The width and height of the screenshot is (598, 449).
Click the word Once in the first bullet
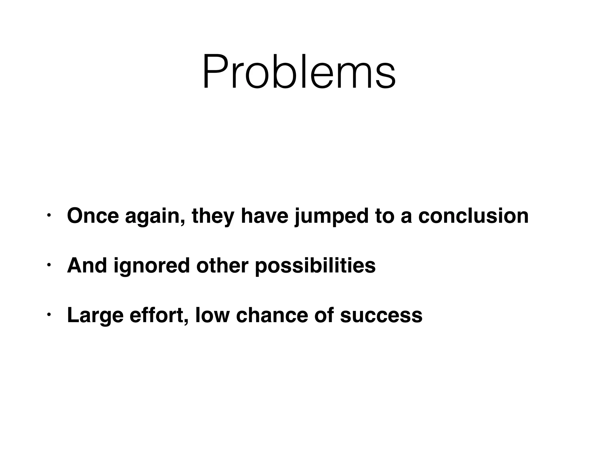click(x=93, y=216)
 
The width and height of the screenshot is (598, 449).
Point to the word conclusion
click(x=473, y=216)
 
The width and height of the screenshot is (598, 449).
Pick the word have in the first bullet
click(x=265, y=216)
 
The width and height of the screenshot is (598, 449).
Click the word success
click(x=381, y=316)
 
